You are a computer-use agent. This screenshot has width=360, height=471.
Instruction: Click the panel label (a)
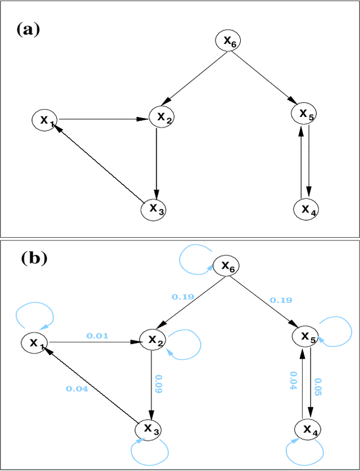tap(28, 30)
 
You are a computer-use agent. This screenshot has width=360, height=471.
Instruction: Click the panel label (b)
tap(34, 258)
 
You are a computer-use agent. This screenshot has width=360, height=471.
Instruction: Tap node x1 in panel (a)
tap(44, 120)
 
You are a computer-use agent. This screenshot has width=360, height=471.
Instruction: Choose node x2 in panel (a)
tap(163, 116)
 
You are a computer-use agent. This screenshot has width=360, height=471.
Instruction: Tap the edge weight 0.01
tap(96, 336)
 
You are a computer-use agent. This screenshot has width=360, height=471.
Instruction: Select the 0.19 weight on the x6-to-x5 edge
tap(281, 300)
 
